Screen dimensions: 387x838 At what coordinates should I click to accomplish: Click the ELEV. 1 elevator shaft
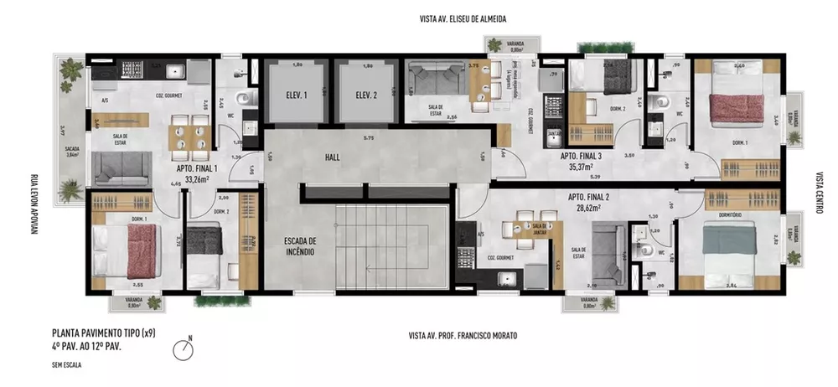(294, 95)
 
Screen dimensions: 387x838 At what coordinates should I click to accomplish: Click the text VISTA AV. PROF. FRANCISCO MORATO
(463, 335)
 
